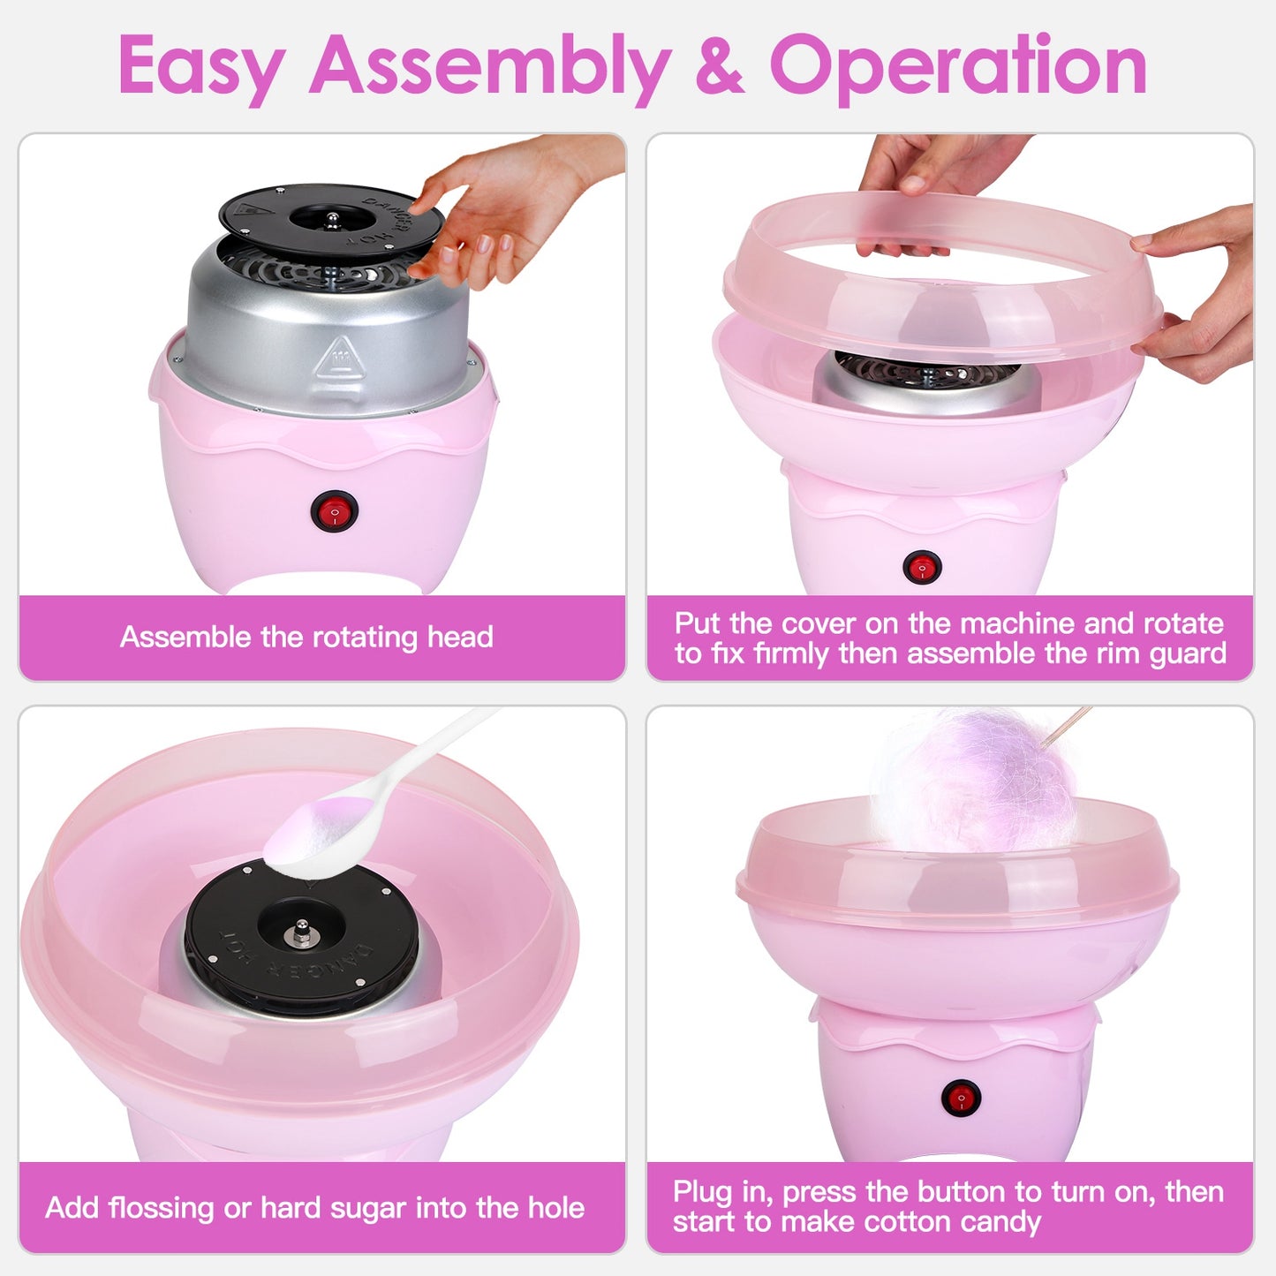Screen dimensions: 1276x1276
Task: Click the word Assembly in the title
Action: [490, 66]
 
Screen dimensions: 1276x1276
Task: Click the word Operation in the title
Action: [958, 66]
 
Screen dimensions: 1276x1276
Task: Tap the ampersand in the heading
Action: [720, 66]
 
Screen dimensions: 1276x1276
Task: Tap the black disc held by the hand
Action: [330, 220]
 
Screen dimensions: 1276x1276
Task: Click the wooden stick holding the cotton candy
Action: [1069, 726]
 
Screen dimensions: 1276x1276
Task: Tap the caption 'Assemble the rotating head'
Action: [306, 637]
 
